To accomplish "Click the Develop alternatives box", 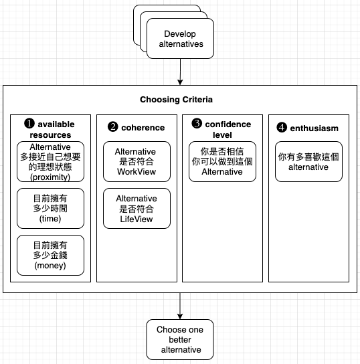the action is point(180,39).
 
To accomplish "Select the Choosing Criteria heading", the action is point(176,100).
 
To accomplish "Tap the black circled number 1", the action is point(29,124).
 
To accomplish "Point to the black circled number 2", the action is point(113,127).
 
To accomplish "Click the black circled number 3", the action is point(197,123).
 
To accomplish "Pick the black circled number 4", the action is point(282,127).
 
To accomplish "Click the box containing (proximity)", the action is point(50,161).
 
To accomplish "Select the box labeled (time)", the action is point(50,209).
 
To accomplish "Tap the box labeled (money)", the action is point(50,256).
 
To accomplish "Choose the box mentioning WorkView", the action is point(137,161).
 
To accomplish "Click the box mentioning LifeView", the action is point(137,209).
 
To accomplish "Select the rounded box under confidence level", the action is point(222,161).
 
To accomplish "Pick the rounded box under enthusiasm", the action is point(308,161).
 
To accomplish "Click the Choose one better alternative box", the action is point(180,340).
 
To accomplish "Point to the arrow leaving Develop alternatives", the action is point(180,72).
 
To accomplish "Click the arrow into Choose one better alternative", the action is point(180,306).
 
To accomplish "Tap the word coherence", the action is point(143,127).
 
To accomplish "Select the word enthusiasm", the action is point(314,128).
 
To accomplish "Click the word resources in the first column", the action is point(50,135).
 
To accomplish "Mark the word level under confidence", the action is point(222,135).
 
